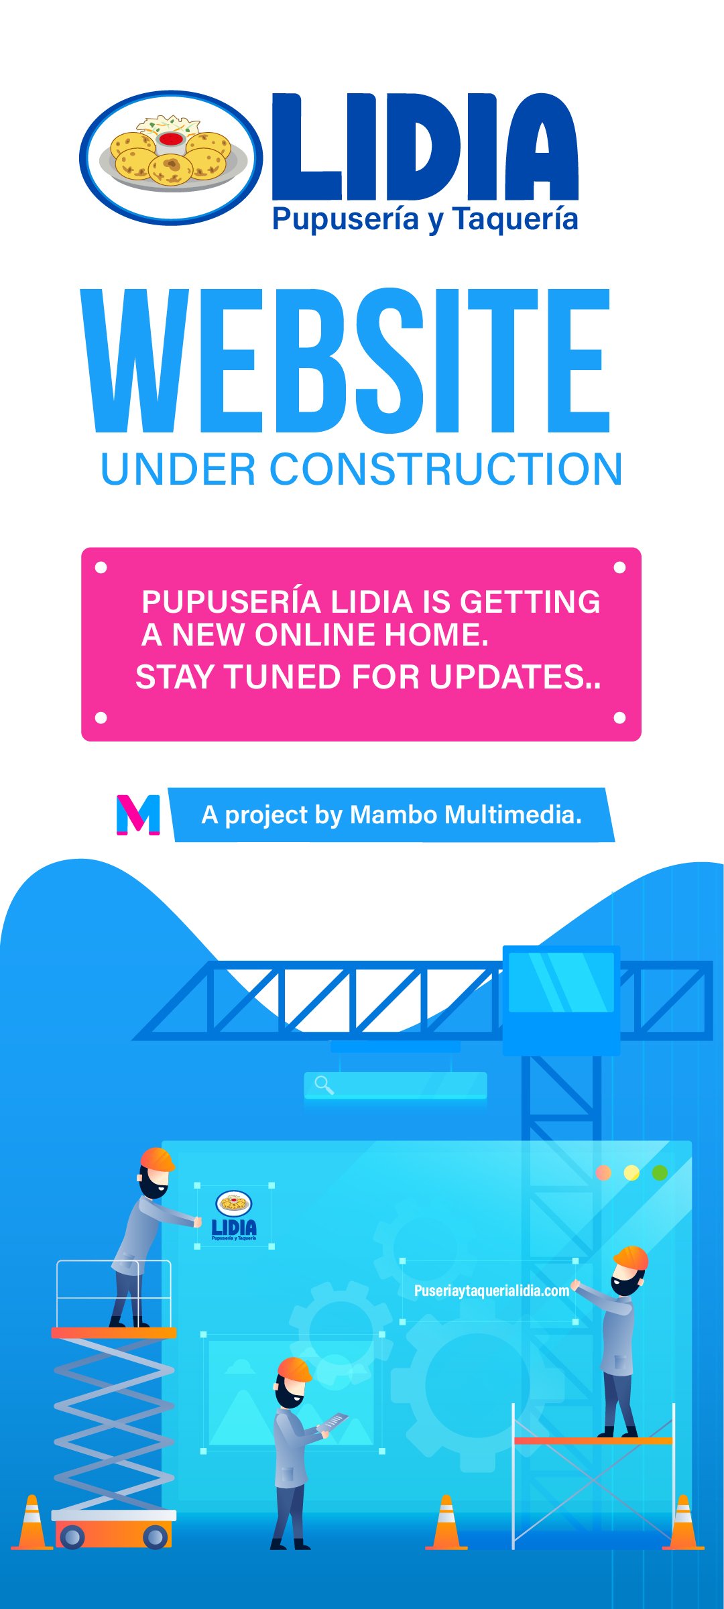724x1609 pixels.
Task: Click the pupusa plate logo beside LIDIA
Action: point(171,158)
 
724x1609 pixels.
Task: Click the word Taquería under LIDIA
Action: point(515,219)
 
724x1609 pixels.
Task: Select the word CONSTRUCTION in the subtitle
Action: point(446,469)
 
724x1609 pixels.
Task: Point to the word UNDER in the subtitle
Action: point(178,469)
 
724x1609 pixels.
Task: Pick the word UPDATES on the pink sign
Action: point(507,676)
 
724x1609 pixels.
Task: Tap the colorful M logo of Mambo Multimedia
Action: point(138,815)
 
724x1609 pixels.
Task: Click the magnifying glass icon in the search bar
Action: point(324,1085)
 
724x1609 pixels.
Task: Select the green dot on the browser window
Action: point(660,1173)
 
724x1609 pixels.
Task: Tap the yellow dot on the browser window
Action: point(631,1173)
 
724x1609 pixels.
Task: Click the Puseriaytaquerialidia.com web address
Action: point(491,1291)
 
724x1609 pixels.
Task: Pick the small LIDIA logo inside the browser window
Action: point(234,1215)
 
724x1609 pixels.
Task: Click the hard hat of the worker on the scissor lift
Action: point(158,1158)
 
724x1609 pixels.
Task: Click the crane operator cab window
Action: point(561,981)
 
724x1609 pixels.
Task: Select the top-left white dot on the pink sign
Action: point(101,568)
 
